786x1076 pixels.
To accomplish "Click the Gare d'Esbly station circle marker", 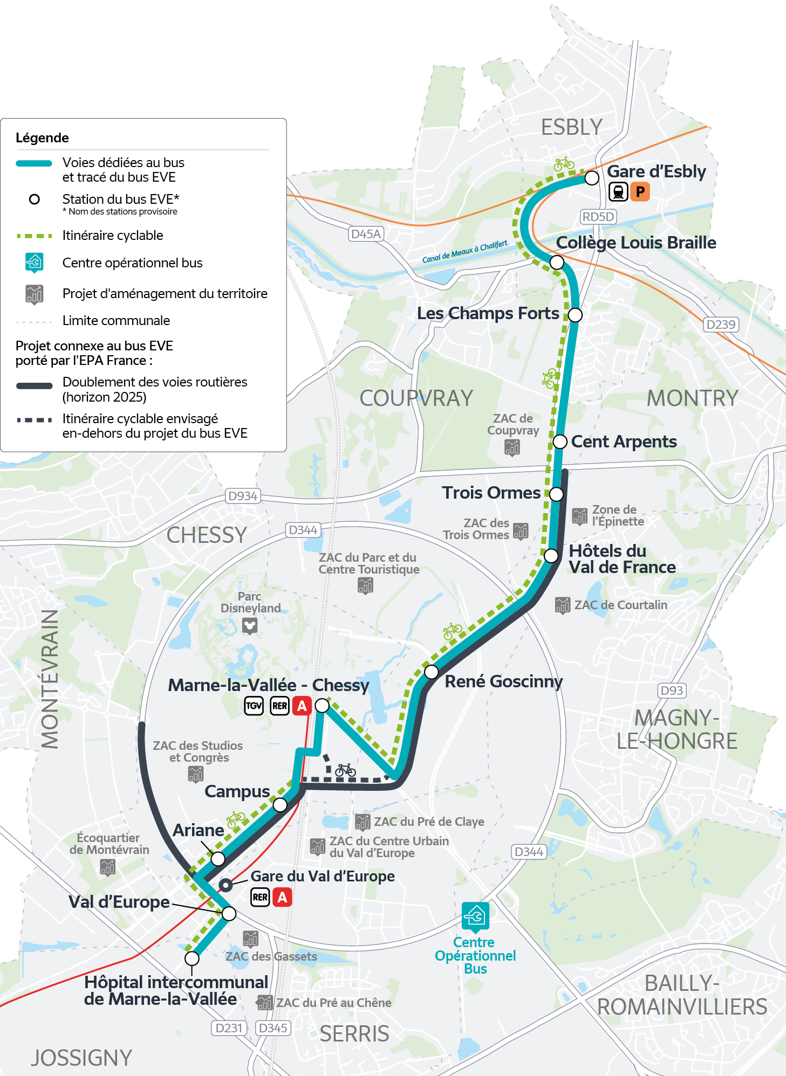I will point(592,178).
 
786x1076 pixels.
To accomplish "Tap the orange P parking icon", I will point(640,191).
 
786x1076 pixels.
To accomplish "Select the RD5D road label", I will point(598,217).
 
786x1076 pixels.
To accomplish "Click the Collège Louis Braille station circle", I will point(557,263).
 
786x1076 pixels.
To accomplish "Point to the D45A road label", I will point(366,234).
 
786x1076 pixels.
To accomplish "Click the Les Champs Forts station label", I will point(488,313).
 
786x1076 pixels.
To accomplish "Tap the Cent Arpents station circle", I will point(560,442).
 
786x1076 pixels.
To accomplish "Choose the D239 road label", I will point(721,325).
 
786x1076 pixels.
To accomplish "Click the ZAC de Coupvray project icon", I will point(512,447).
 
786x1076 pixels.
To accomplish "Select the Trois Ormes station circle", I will point(556,494).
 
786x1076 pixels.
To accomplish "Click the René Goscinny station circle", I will point(431,672).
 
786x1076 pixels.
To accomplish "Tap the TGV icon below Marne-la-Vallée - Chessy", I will point(254,706).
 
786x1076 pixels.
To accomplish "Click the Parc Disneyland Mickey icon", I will point(249,626).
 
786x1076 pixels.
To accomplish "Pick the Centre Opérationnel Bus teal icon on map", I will point(475,916).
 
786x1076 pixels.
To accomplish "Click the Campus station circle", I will point(280,805).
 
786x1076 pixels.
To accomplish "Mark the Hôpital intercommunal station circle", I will point(192,958).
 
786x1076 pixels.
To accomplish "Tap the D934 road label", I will point(243,496).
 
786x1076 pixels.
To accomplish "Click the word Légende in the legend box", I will point(42,138).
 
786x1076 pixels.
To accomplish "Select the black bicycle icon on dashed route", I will point(345,770).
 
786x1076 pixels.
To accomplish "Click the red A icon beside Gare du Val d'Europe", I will point(282,897).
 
